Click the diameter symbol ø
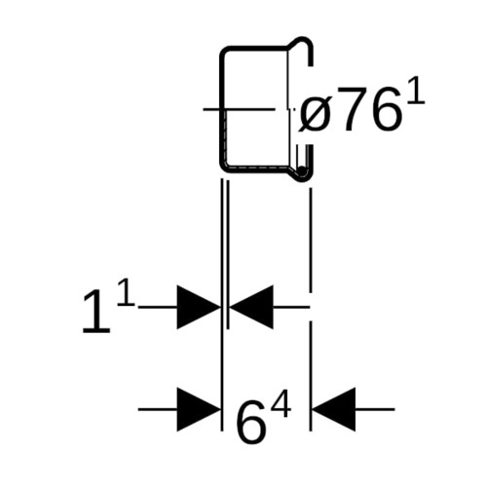pos(314,114)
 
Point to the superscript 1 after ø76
pos(417,94)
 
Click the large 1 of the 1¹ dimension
pos(96,312)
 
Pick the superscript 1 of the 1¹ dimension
pos(126,293)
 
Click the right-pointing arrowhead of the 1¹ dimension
pos(199,307)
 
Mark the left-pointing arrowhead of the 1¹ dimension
pos(251,307)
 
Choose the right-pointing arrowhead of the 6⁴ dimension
pos(199,409)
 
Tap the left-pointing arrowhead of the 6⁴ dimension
pos(334,409)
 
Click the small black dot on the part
pos(302,170)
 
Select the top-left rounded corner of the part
pos(225,53)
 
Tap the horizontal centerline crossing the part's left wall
pos(239,109)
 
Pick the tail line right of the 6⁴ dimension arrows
pos(375,409)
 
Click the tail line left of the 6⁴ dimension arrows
pos(158,409)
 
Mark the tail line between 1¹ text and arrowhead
pos(158,307)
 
